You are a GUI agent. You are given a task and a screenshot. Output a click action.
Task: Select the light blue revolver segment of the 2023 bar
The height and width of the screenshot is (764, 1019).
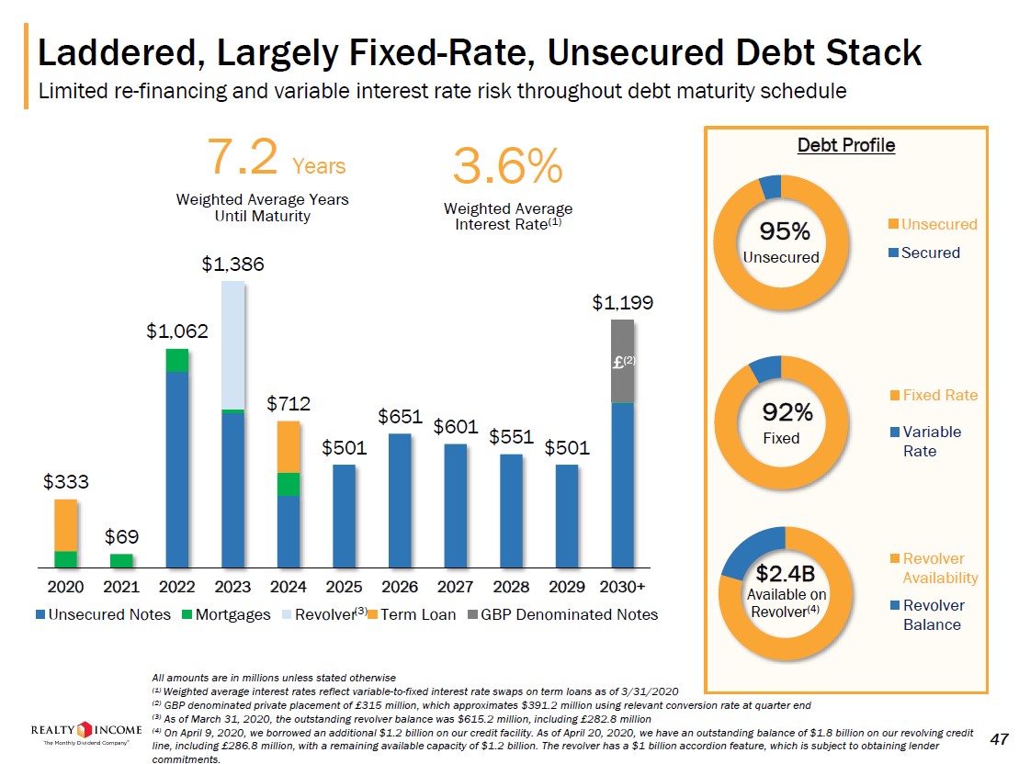pos(233,344)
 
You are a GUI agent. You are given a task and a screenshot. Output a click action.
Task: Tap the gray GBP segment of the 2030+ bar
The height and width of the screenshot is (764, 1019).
pos(623,361)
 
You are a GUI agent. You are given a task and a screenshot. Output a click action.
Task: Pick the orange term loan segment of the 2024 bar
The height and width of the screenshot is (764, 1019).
pos(289,446)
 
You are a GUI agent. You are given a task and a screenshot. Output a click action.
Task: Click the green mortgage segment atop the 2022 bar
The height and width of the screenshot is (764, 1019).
pos(177,360)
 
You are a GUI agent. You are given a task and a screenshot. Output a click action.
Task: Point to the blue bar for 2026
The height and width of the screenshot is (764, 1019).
pos(400,500)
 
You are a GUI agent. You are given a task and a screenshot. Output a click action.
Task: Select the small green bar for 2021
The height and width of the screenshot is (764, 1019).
pos(121,560)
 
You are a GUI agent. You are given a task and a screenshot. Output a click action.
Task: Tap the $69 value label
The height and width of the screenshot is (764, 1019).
pos(121,535)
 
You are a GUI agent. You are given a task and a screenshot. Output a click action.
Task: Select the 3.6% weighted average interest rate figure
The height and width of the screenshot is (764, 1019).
pos(507,166)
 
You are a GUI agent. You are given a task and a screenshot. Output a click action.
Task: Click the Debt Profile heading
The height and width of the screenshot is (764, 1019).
pos(845,145)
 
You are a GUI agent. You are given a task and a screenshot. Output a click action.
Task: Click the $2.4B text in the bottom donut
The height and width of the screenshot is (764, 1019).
pos(785,574)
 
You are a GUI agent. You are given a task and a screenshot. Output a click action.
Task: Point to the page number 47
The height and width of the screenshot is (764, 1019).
pos(1000,739)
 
